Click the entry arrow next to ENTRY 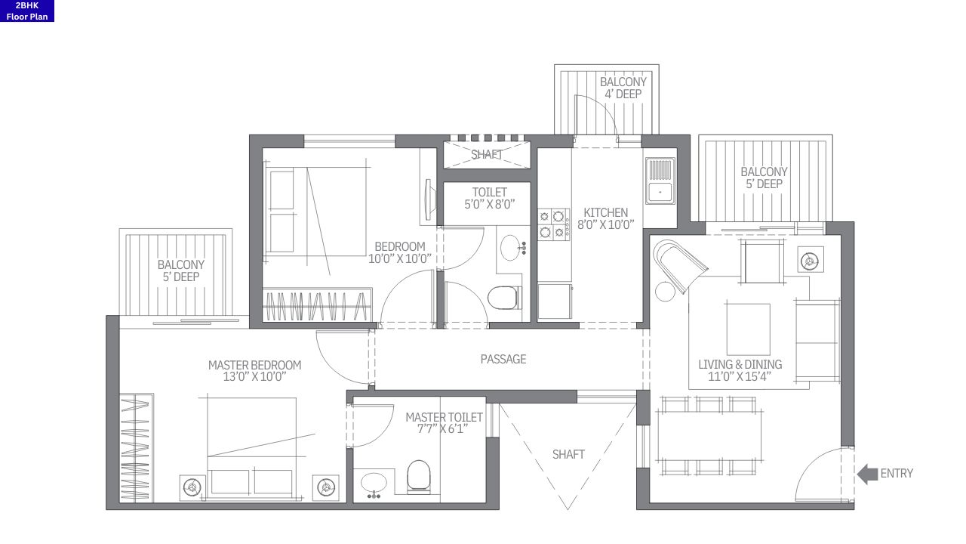[867, 474]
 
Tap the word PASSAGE [503, 359]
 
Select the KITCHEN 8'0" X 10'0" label [605, 218]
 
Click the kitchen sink [660, 181]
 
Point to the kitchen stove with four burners [554, 224]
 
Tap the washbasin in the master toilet [374, 482]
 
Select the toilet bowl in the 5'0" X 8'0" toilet [503, 298]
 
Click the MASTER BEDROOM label [254, 371]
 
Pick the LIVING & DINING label [740, 370]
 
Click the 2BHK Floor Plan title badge [27, 11]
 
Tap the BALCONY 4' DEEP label [623, 88]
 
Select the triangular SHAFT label [568, 454]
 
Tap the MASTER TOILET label [444, 423]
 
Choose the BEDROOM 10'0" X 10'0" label [400, 252]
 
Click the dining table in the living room [708, 436]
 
